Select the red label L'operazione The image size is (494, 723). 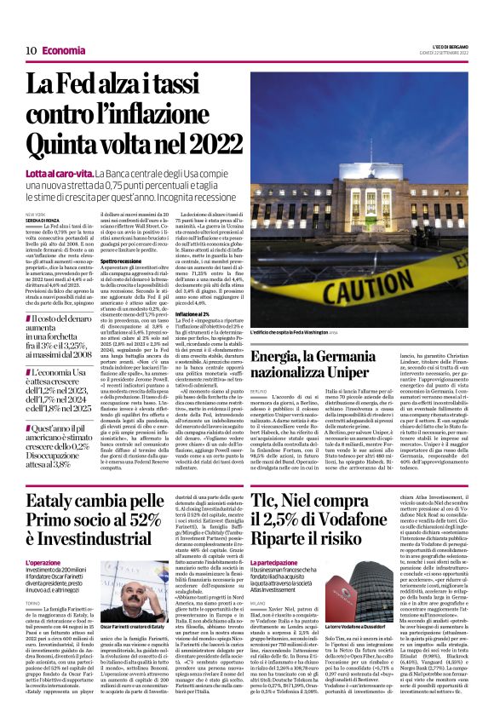coord(43,563)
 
